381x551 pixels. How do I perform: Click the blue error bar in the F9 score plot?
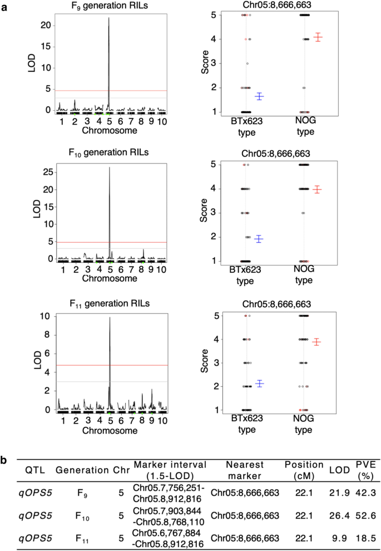(259, 96)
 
